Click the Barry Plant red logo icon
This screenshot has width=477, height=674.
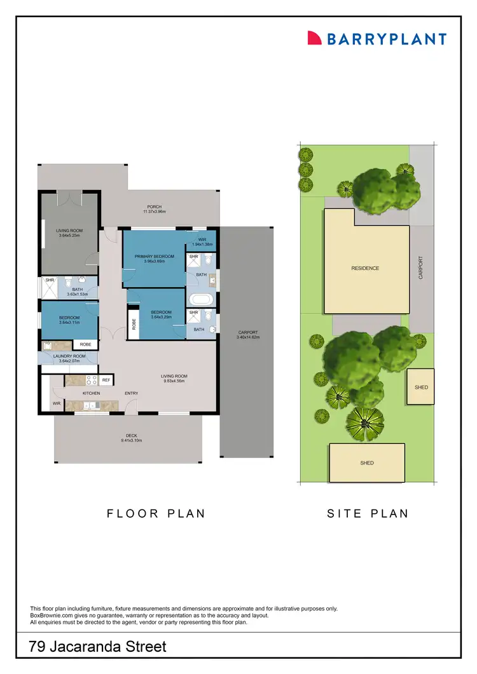coord(314,38)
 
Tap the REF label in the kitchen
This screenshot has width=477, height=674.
coord(106,380)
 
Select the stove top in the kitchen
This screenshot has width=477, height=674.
coord(90,380)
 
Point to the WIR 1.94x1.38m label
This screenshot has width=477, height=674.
coord(202,242)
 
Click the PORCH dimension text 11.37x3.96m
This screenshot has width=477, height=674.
coord(154,212)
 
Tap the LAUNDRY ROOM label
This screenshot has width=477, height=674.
coord(69,356)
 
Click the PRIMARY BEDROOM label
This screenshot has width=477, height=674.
coord(154,256)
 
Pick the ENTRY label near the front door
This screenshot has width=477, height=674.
coord(132,393)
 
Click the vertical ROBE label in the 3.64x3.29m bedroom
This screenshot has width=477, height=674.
coord(134,324)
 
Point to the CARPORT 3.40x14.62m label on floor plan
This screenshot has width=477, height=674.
coord(247,335)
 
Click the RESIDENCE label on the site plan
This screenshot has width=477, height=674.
coord(365,268)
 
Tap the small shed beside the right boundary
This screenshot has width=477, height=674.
coord(421,387)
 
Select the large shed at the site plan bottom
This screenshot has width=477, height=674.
coord(367,463)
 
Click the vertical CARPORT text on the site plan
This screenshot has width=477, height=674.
coord(420,267)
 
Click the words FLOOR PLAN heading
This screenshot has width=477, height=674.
coord(156,513)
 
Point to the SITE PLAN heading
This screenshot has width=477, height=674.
coord(368,513)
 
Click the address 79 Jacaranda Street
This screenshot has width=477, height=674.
coord(98,647)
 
